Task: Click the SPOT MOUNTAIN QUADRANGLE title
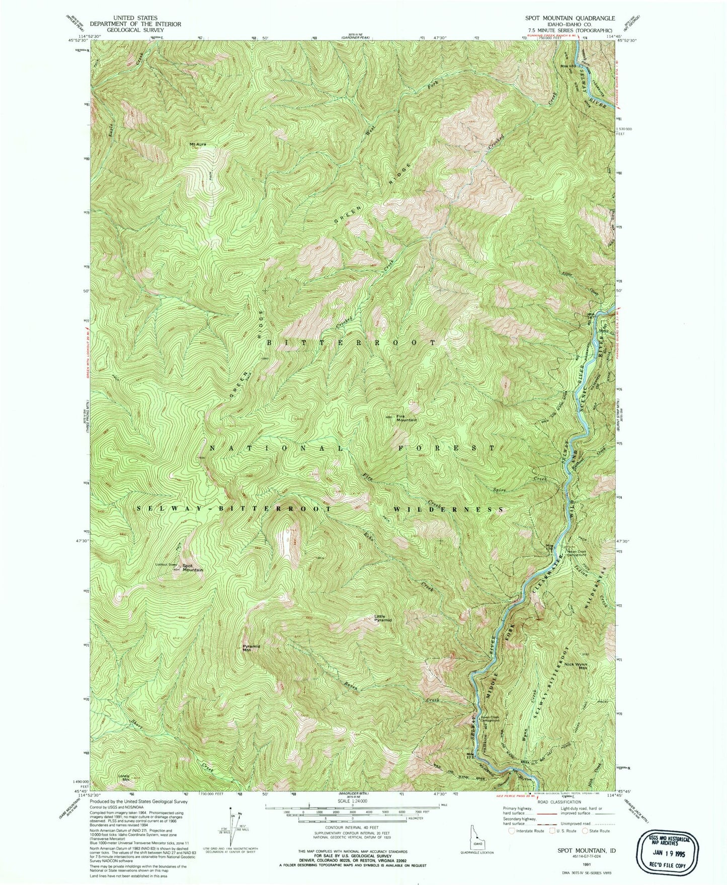(x=562, y=18)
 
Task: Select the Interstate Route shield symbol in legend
(x=513, y=831)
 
